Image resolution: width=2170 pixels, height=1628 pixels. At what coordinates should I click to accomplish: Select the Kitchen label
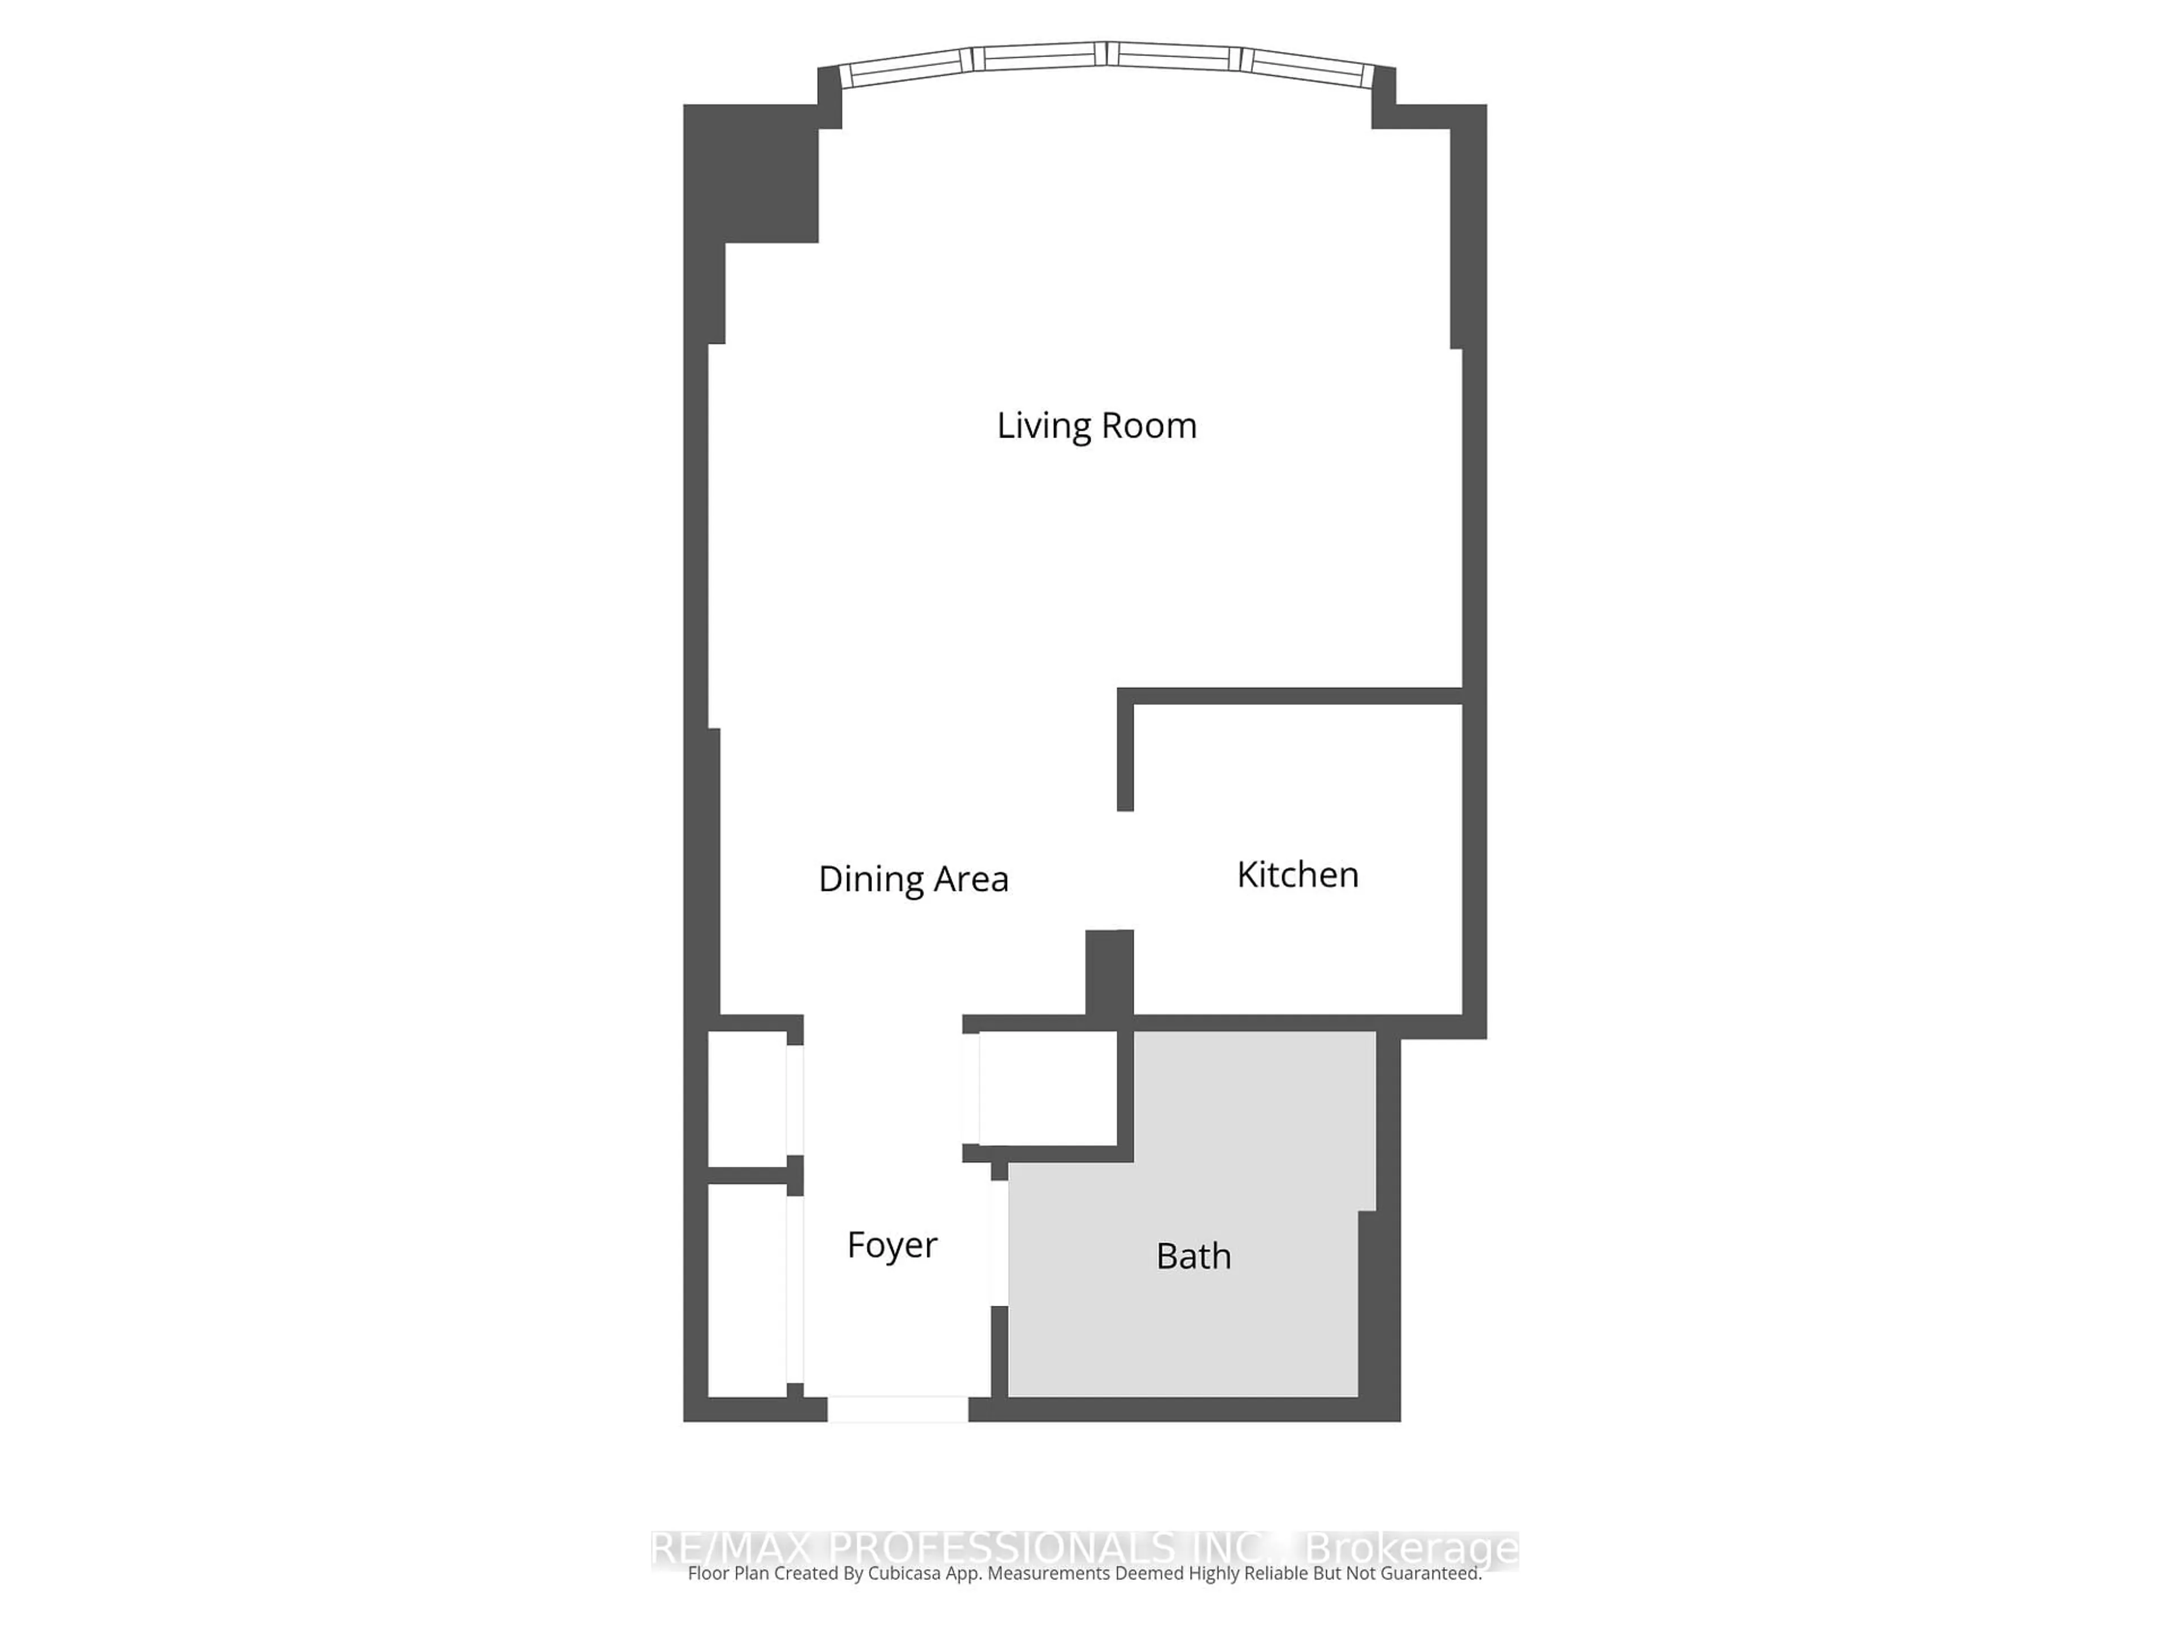pyautogui.click(x=1297, y=874)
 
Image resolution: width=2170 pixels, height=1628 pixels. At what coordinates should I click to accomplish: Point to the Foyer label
pyautogui.click(x=892, y=1244)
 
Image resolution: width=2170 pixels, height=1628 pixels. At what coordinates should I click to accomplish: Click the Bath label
pyautogui.click(x=1193, y=1256)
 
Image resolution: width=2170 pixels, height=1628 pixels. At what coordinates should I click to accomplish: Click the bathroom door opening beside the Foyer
pyautogui.click(x=1000, y=1242)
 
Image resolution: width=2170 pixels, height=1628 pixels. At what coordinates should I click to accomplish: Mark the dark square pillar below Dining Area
pyautogui.click(x=1109, y=972)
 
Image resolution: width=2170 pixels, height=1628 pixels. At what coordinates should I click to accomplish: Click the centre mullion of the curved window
pyautogui.click(x=1106, y=53)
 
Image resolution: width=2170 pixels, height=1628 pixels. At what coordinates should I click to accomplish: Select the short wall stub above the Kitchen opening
pyautogui.click(x=1125, y=756)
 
